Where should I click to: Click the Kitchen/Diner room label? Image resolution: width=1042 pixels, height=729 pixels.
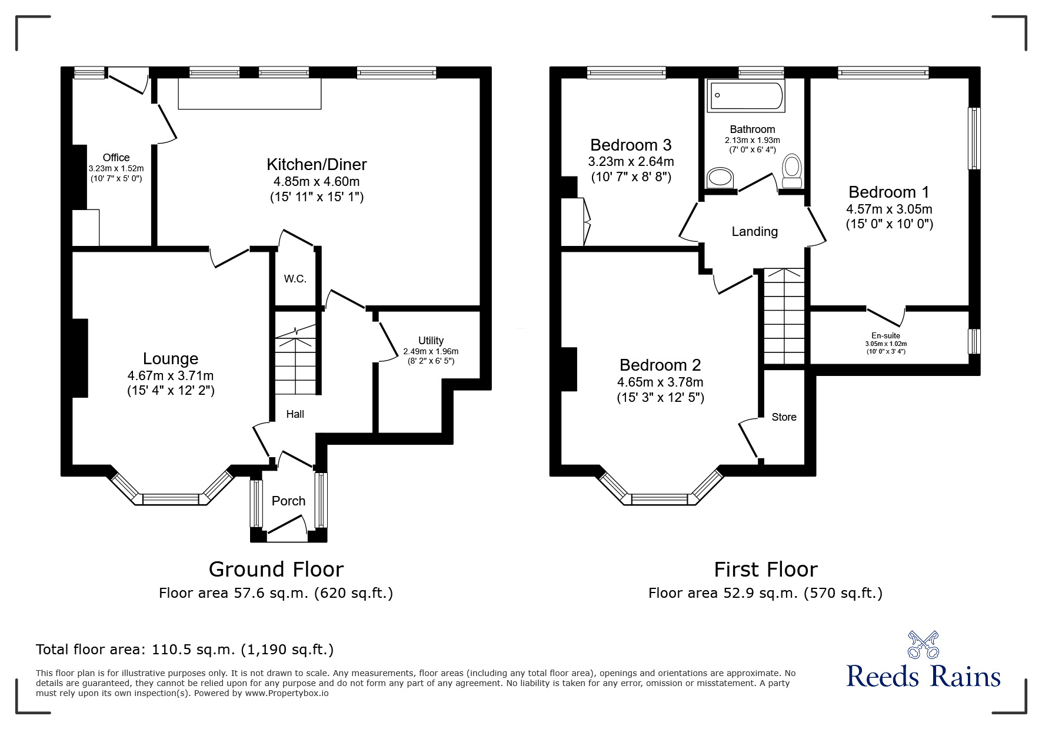point(317,164)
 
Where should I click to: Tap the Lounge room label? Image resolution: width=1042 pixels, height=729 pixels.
point(171,358)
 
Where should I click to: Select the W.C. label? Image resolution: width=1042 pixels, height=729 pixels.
point(295,279)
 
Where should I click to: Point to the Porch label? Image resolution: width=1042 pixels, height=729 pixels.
point(288,501)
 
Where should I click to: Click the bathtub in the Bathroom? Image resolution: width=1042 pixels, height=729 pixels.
point(747,96)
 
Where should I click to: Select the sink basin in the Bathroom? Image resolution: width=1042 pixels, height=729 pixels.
point(721,177)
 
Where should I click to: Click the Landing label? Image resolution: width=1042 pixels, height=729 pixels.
point(754,232)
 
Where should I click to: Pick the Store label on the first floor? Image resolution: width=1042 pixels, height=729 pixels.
point(784,417)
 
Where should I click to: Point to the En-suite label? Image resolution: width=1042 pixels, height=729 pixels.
point(885,336)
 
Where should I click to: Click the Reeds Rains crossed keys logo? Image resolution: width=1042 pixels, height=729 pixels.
point(923,645)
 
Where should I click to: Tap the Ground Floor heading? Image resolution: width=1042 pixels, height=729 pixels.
point(276,570)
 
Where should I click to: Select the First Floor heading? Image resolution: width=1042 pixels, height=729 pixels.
point(765,570)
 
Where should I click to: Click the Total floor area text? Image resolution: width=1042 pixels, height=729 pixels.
point(185,650)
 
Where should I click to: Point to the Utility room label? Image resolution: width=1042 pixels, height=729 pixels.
point(431,341)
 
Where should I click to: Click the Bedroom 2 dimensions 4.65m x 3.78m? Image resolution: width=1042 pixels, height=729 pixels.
point(660,382)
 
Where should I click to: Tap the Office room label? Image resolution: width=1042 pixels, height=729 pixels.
point(116,158)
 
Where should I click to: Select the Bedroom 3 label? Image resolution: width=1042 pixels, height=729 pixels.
point(631,145)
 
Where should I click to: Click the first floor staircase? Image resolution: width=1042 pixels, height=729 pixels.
point(784,317)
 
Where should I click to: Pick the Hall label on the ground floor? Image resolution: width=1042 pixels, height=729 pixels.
point(295,414)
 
